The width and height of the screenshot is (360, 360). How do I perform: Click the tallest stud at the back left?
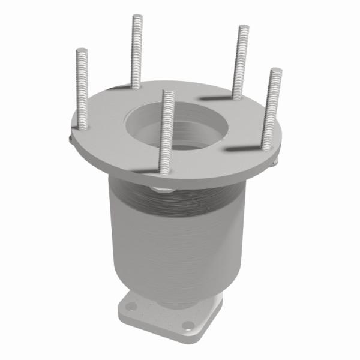pyautogui.click(x=136, y=51)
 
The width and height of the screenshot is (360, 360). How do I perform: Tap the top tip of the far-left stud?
pyautogui.click(x=82, y=51)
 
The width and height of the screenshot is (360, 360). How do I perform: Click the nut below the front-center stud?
pyautogui.click(x=161, y=190)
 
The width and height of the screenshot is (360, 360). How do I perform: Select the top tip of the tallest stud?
pyautogui.click(x=137, y=16)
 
